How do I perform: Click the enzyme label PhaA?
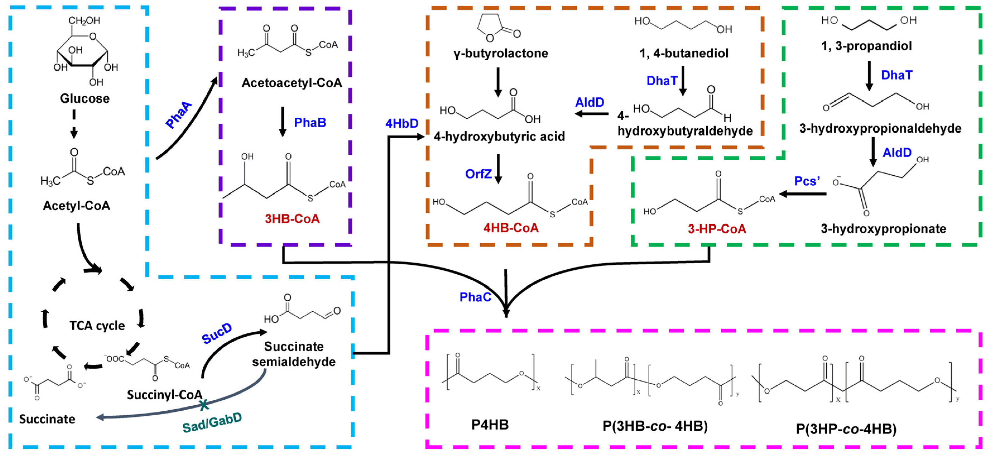(x=178, y=115)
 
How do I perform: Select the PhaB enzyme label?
(x=310, y=122)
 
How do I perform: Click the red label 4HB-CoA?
(x=511, y=228)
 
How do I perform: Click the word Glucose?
(x=85, y=99)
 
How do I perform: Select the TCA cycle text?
(x=97, y=325)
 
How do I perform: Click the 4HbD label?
(x=402, y=123)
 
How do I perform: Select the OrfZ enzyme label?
(x=478, y=174)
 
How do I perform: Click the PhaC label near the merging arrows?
(x=475, y=297)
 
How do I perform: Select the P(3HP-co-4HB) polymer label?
(x=846, y=428)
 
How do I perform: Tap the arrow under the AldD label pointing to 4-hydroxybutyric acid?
(x=592, y=114)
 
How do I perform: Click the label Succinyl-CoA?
(x=164, y=395)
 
